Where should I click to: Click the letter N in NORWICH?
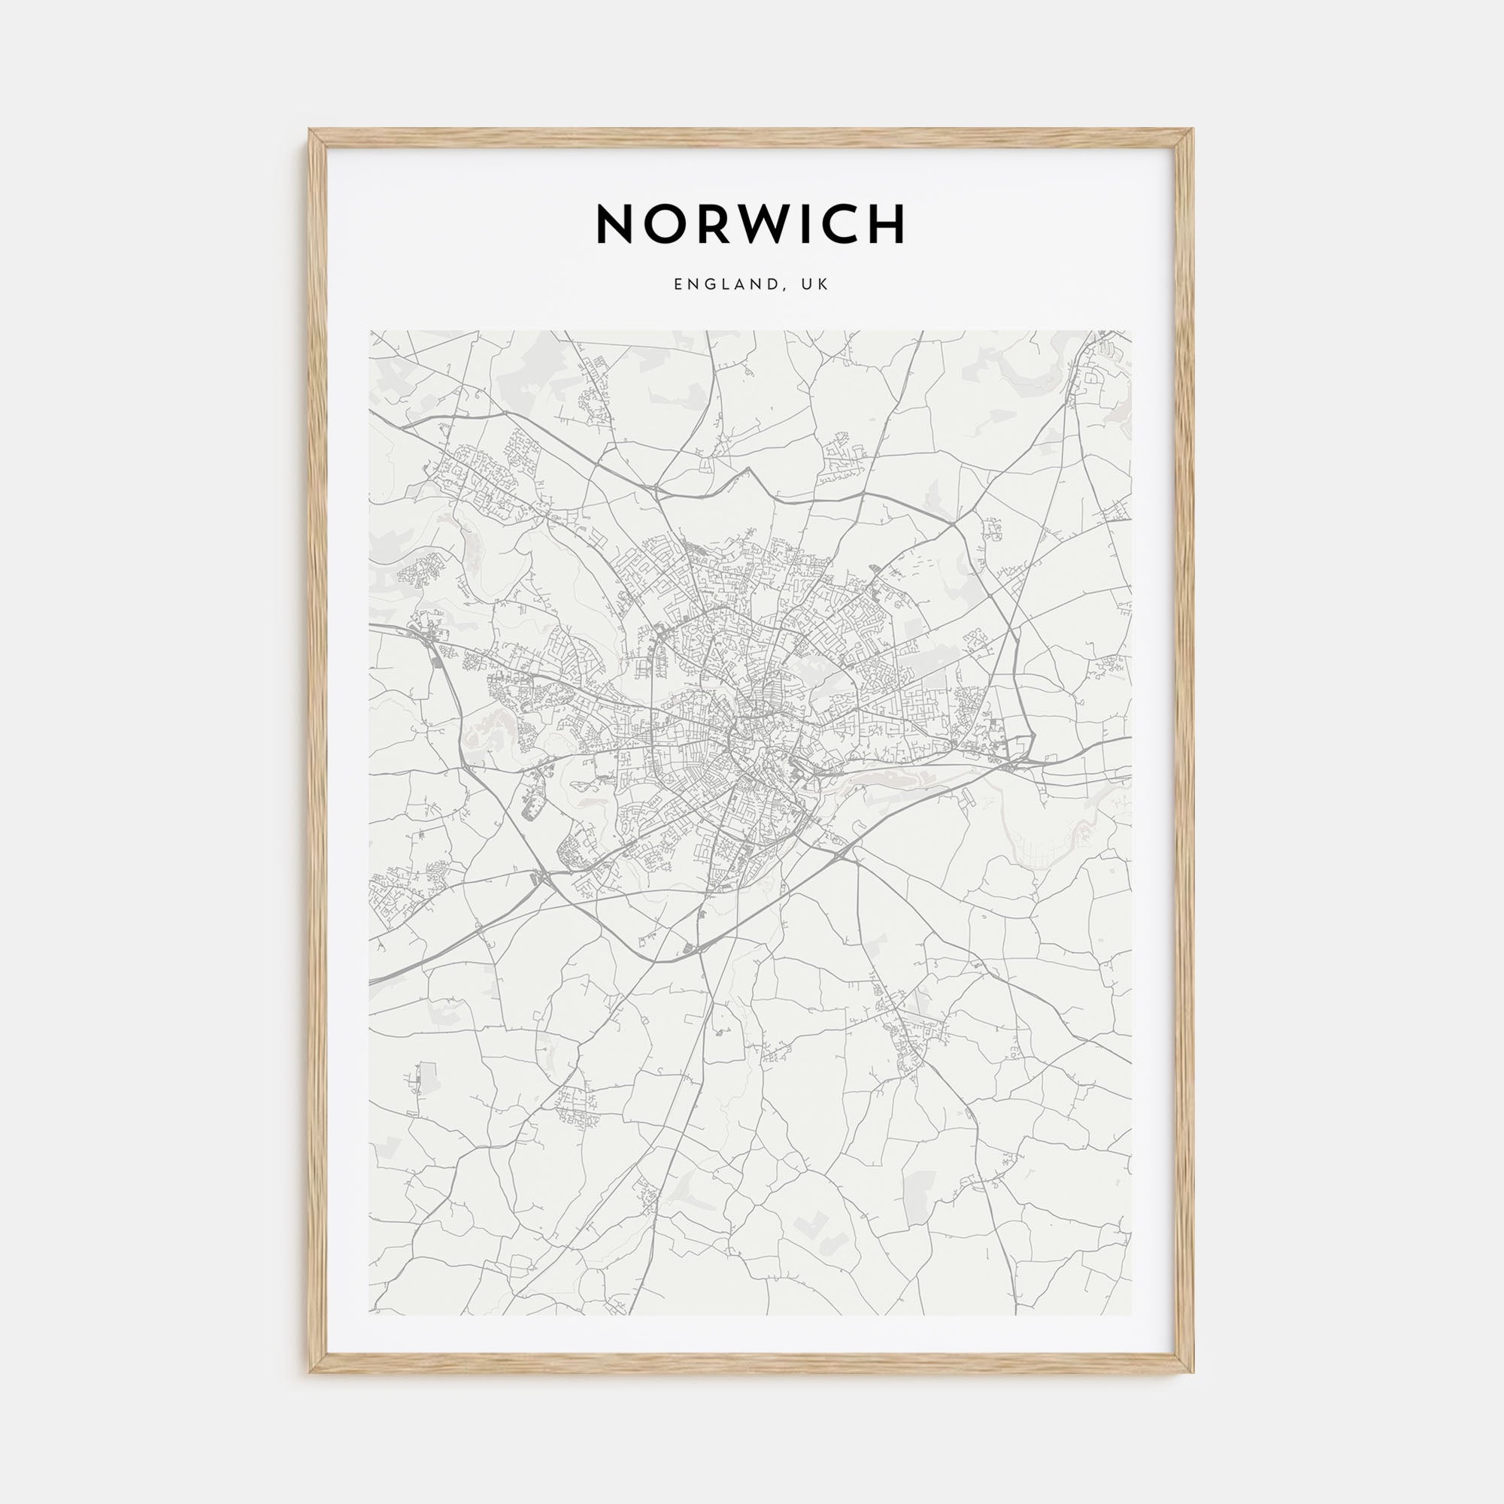[615, 224]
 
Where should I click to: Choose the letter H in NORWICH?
[890, 224]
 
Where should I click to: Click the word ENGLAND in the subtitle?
[724, 285]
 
